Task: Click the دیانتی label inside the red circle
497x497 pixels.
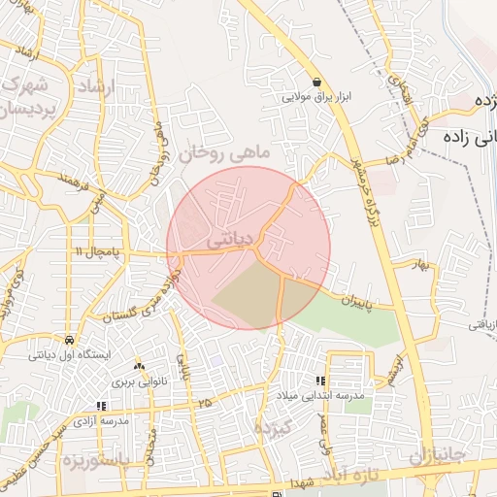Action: [232, 237]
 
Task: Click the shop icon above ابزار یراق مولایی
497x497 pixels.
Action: [316, 82]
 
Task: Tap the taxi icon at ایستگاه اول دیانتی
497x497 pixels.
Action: [70, 341]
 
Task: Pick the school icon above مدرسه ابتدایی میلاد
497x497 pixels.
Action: [319, 381]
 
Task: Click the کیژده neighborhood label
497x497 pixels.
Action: [273, 427]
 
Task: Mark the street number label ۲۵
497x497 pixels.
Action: [204, 401]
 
